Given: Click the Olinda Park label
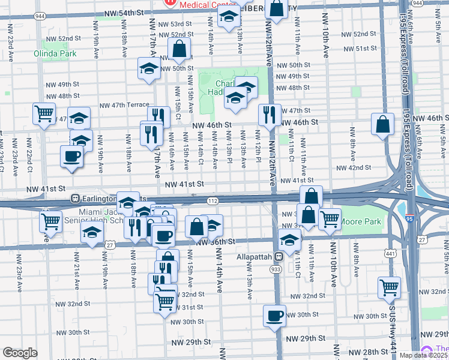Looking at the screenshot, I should [x=59, y=53].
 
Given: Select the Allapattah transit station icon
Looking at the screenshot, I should [x=279, y=257].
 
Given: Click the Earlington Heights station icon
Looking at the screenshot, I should [x=76, y=198].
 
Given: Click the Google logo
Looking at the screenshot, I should [x=20, y=353].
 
